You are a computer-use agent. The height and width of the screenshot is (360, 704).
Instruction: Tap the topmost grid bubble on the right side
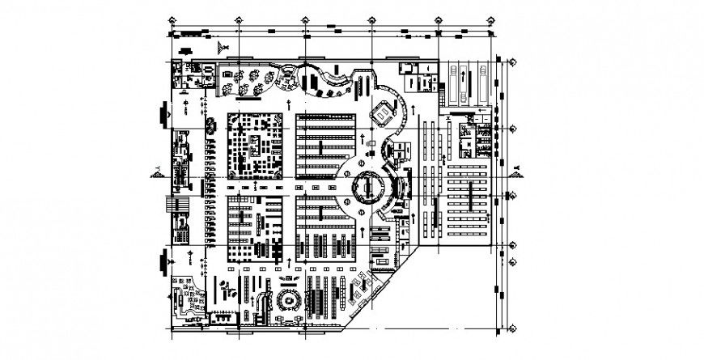[513, 61]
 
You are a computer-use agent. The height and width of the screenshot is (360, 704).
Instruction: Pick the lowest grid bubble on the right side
[513, 328]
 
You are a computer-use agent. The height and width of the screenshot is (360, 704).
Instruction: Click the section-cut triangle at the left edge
[155, 172]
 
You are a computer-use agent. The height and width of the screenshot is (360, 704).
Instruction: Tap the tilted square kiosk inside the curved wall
[381, 114]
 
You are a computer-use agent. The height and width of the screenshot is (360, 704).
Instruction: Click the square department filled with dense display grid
[256, 146]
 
